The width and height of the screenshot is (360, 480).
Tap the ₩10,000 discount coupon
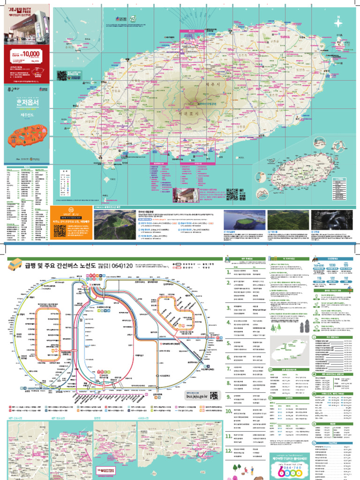click(x=28, y=56)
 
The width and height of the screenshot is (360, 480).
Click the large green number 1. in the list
click(x=228, y=271)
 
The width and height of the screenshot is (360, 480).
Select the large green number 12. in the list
click(x=229, y=452)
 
